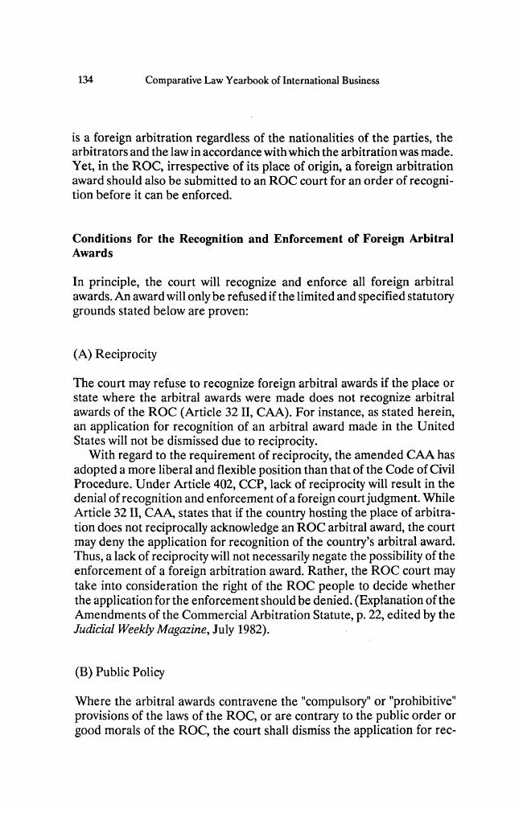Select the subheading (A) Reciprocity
[115, 355]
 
